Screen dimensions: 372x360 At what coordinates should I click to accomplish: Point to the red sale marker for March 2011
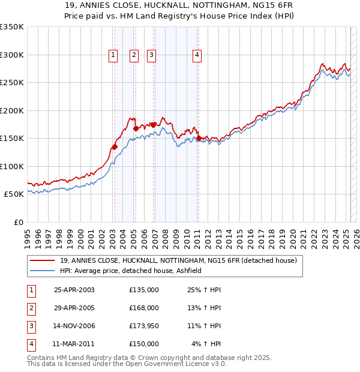(x=199, y=139)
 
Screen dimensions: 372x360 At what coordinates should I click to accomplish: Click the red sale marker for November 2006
(x=153, y=125)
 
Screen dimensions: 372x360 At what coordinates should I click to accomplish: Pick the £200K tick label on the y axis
(x=12, y=110)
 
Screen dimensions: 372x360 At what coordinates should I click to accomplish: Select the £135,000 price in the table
(x=144, y=290)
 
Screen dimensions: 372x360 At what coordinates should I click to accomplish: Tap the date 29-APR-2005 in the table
(x=74, y=308)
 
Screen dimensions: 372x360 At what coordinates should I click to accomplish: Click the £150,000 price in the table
(x=144, y=344)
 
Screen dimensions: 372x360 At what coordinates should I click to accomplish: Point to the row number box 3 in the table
(x=30, y=326)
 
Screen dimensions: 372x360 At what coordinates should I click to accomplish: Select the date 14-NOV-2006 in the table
(x=74, y=326)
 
